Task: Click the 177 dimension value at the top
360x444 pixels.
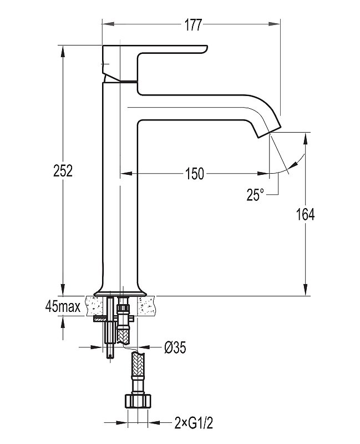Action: click(x=191, y=25)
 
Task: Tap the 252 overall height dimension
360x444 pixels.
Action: click(x=64, y=171)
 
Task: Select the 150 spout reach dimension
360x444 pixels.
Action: click(x=194, y=174)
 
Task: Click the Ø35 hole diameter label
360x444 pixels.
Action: click(x=175, y=347)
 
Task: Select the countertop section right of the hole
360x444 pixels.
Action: click(x=149, y=305)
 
